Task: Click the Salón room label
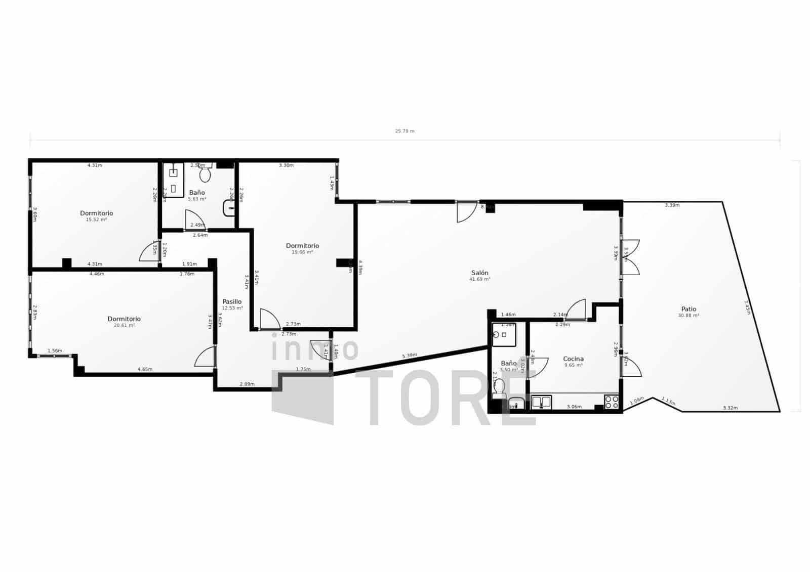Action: (479, 273)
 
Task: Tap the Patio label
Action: (688, 309)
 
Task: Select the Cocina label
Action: (573, 359)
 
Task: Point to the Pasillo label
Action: (232, 301)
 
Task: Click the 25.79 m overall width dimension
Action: (404, 131)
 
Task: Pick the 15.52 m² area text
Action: (96, 219)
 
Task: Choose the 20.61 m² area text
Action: (124, 325)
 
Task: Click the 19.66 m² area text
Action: (302, 252)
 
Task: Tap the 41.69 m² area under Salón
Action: (479, 279)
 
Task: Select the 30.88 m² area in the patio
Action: (688, 316)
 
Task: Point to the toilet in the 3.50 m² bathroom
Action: (499, 388)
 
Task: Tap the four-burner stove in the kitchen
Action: (612, 402)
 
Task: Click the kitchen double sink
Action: (541, 403)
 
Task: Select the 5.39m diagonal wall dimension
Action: (410, 355)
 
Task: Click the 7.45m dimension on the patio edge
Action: (747, 307)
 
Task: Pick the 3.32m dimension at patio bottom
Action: (730, 408)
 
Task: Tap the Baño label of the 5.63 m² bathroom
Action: (197, 193)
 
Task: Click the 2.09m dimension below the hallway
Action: (247, 384)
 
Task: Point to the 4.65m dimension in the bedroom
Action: (145, 369)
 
